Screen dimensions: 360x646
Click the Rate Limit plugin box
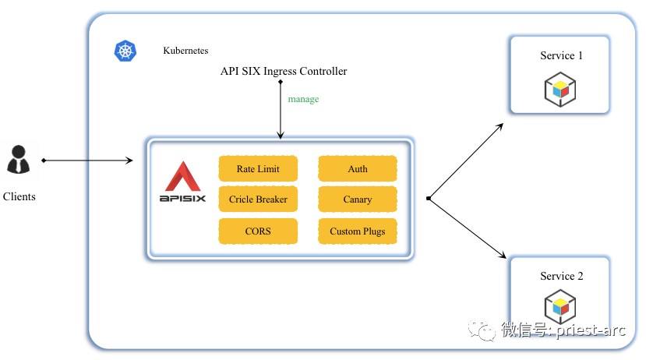pos(258,168)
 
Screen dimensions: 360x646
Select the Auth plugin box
pos(358,168)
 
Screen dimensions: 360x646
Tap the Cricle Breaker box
pos(258,199)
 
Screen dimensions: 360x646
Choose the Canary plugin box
pos(358,199)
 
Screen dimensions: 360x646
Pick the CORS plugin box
pos(258,231)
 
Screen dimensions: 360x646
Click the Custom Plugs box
pos(358,231)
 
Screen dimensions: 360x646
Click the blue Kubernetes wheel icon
pos(125,51)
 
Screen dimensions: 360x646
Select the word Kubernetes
pos(185,51)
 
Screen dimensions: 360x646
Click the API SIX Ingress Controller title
pos(284,72)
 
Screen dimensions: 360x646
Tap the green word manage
pos(303,100)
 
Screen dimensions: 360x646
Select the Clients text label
pos(19,196)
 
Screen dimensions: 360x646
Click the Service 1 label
pos(561,55)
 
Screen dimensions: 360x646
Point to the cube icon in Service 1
pos(560,89)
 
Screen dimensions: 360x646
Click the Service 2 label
pos(561,276)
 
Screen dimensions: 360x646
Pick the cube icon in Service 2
pos(560,307)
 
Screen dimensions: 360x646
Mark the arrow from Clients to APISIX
pos(87,161)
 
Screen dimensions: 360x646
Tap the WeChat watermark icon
pos(486,330)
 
